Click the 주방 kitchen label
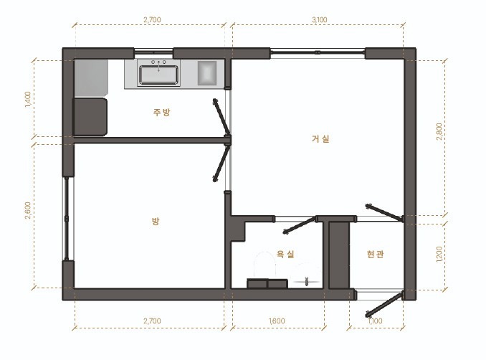click(x=161, y=112)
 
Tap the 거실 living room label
click(x=320, y=138)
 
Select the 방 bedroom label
click(x=156, y=221)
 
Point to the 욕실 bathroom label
click(x=285, y=255)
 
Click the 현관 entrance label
click(x=375, y=255)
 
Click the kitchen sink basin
click(x=158, y=75)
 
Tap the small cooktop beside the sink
click(x=207, y=73)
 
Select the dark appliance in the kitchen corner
click(x=90, y=117)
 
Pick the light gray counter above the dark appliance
click(x=91, y=78)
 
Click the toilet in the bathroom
click(x=265, y=265)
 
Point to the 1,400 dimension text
click(x=28, y=99)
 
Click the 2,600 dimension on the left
click(x=28, y=211)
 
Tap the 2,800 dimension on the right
click(x=439, y=131)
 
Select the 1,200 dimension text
click(x=439, y=255)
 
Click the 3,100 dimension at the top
click(x=319, y=19)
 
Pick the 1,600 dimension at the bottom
click(x=277, y=321)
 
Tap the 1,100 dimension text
click(x=376, y=321)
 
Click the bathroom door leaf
click(x=300, y=225)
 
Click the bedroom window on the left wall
click(x=67, y=218)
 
